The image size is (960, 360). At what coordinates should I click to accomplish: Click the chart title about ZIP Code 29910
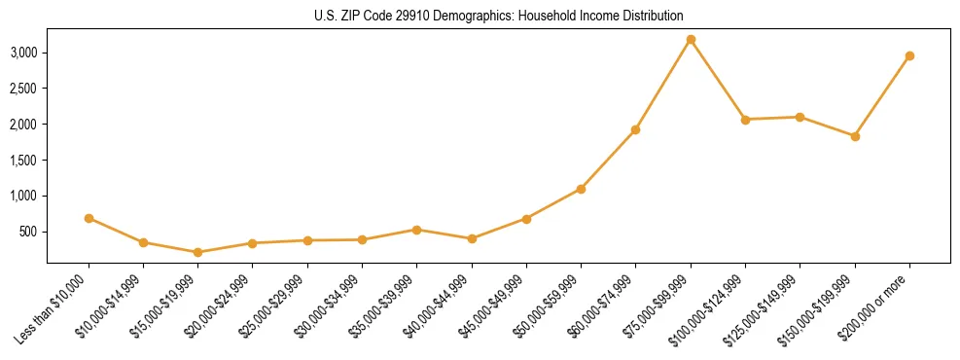tap(498, 16)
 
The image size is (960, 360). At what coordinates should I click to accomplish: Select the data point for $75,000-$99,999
tap(691, 40)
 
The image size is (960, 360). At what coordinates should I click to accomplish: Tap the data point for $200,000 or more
tap(909, 55)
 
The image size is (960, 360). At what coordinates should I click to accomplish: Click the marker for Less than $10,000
tap(89, 218)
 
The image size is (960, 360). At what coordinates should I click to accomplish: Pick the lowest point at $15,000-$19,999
tap(198, 252)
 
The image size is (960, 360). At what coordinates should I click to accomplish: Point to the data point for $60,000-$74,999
tap(636, 129)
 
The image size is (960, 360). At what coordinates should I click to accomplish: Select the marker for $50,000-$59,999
tap(581, 189)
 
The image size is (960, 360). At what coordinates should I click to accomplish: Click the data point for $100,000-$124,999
tap(745, 120)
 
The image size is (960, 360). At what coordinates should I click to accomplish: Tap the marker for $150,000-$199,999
tap(855, 136)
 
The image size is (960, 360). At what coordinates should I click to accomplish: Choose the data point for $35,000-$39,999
tap(417, 230)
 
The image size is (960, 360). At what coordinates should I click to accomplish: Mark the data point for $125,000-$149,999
tap(800, 117)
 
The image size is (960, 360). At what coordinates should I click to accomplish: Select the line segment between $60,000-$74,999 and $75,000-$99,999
tap(663, 85)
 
